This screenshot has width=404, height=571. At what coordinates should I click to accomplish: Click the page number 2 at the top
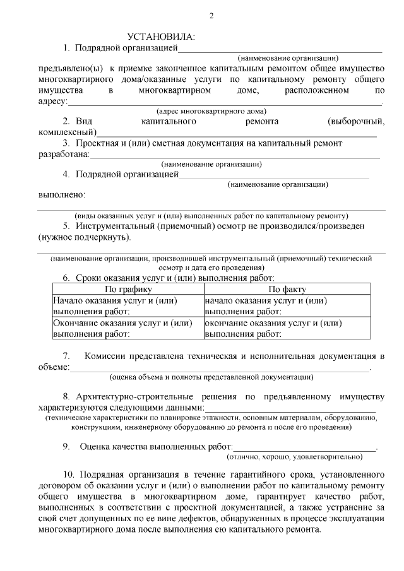(x=211, y=15)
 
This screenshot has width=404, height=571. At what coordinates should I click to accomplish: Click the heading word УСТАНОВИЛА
(x=161, y=37)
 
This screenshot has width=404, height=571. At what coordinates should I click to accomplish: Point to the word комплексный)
(x=68, y=132)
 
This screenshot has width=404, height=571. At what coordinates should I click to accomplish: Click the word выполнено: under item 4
(x=62, y=195)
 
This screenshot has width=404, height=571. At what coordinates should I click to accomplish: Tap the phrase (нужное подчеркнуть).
(x=85, y=237)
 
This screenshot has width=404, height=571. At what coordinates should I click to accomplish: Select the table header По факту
(x=287, y=290)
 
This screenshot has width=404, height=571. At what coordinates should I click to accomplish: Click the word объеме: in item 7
(x=54, y=367)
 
